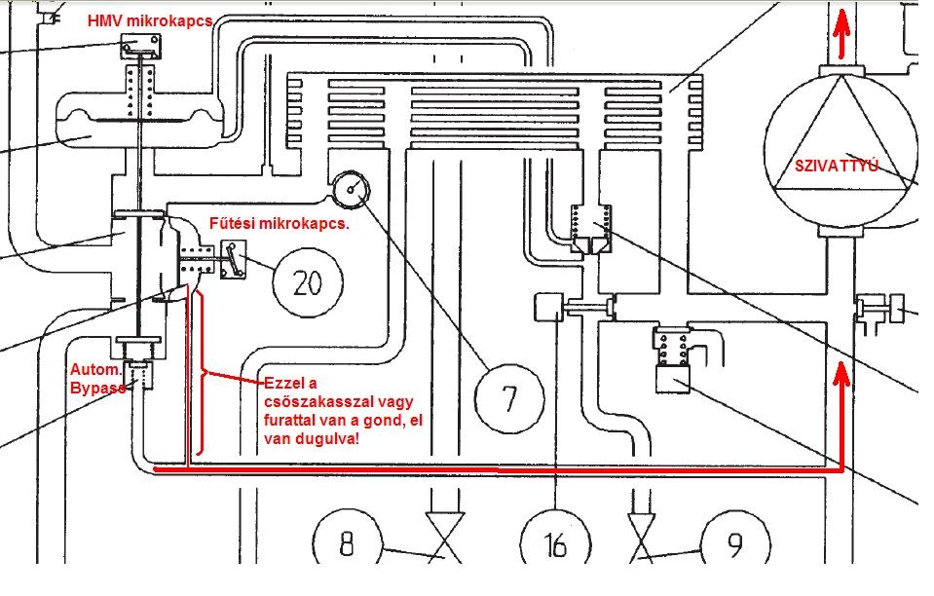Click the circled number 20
308,282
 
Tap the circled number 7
509,396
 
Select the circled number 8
347,543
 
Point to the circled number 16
555,543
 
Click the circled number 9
732,543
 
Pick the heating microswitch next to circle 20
234,264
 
